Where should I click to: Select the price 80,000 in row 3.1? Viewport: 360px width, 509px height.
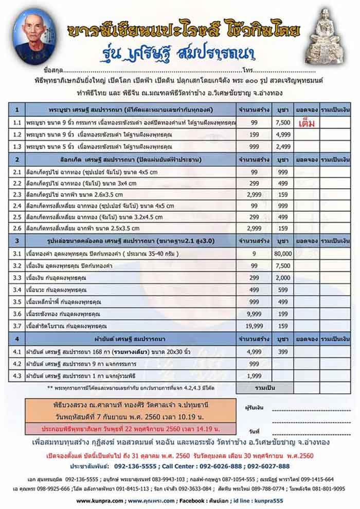(283, 254)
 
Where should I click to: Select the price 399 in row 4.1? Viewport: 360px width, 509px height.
(283, 352)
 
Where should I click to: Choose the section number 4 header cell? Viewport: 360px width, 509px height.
(17, 339)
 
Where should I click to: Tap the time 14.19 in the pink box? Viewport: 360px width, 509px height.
(204, 429)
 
